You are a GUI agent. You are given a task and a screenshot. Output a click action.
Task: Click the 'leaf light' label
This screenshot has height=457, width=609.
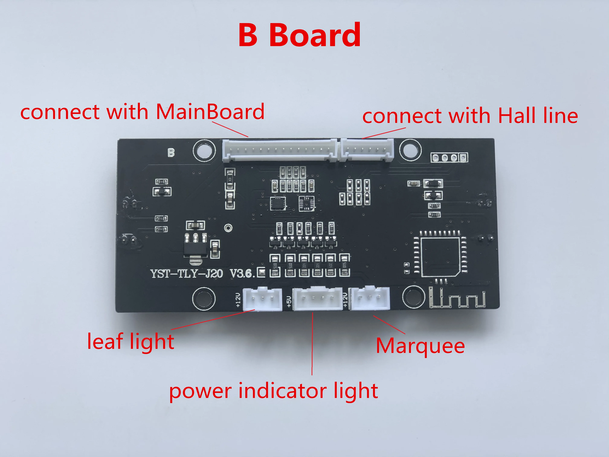click(130, 342)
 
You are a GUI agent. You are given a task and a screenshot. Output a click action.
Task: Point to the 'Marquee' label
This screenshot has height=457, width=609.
click(420, 346)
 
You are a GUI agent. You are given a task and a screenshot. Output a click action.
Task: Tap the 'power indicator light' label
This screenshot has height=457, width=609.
click(273, 391)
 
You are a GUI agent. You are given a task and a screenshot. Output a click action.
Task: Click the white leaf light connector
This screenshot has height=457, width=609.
click(262, 299)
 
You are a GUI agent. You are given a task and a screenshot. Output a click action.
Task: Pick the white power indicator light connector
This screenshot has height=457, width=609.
click(317, 299)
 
